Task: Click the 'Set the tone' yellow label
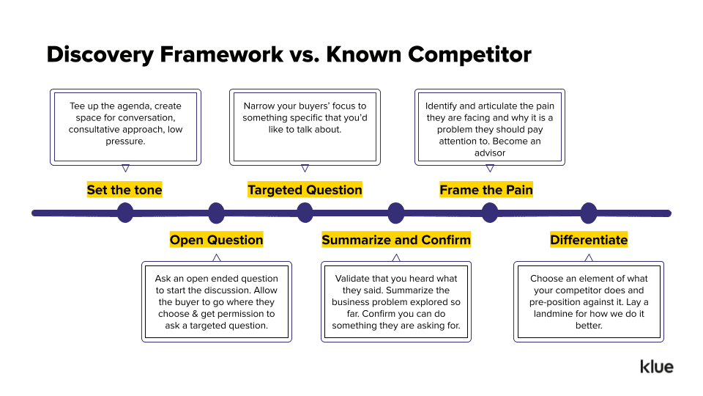tap(124, 190)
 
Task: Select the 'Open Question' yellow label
tap(216, 240)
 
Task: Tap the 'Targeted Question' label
tap(305, 190)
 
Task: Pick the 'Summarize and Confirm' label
tap(396, 240)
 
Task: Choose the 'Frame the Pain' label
tap(486, 190)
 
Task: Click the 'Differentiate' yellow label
tap(589, 240)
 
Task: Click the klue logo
tap(656, 367)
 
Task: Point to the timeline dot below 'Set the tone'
tap(125, 213)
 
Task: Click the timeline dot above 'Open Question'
tap(216, 213)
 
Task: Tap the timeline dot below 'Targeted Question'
tap(305, 213)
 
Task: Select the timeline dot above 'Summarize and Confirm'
tap(396, 213)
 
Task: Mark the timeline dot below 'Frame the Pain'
tap(490, 213)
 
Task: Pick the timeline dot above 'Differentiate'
tap(589, 213)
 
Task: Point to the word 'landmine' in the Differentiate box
tap(554, 314)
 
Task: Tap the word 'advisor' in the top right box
tap(489, 153)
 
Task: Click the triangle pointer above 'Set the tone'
tap(125, 168)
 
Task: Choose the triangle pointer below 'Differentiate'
tap(589, 257)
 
